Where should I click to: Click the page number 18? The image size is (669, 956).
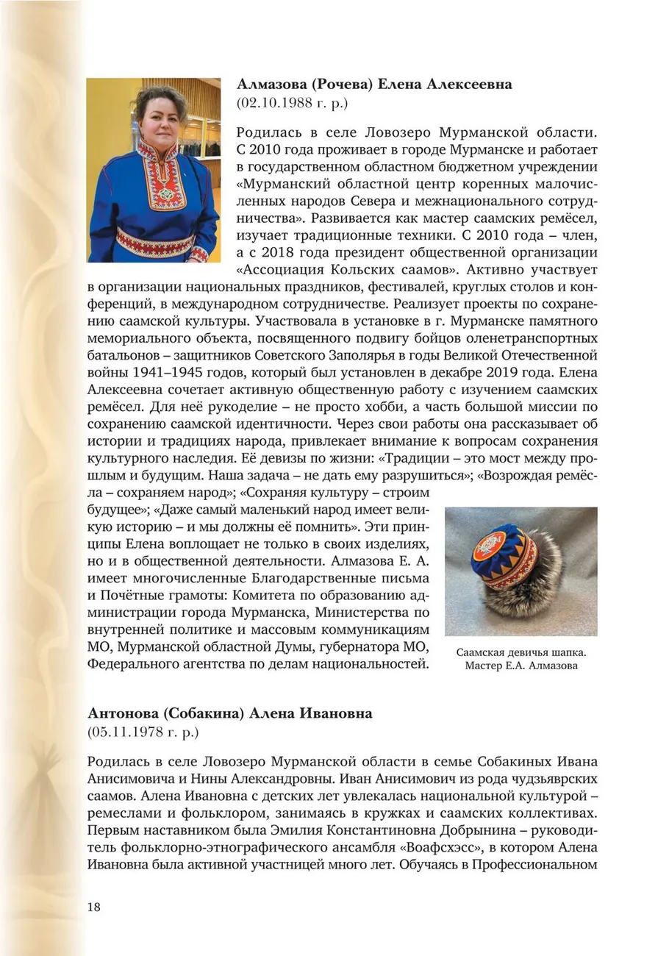tap(93, 906)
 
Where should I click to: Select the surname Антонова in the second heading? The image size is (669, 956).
tap(121, 713)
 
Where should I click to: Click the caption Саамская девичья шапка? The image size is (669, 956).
tap(521, 652)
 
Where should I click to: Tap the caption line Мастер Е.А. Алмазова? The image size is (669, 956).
tap(521, 666)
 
